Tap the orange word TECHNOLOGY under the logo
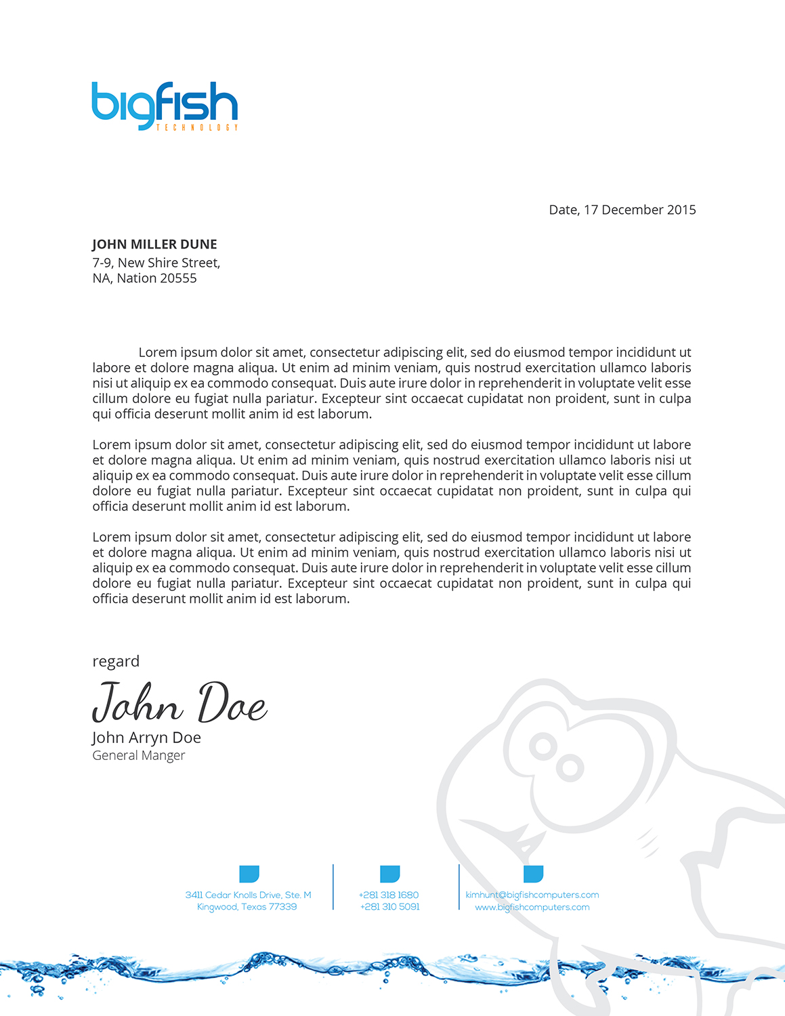coord(197,127)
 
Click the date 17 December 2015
coord(639,210)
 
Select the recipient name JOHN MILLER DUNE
coord(154,245)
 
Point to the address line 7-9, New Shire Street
coord(156,263)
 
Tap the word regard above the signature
coord(116,661)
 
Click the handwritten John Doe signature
coord(179,703)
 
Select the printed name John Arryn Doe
coord(146,738)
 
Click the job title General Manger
coord(138,755)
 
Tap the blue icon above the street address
coord(249,874)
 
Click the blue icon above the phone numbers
coord(389,874)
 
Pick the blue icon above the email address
coord(533,874)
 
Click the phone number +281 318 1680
coord(389,895)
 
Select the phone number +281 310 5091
coord(389,907)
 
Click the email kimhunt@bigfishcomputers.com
coord(532,895)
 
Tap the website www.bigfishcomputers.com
coord(532,907)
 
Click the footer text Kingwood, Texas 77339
coord(247,907)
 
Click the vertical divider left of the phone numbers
coord(333,887)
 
